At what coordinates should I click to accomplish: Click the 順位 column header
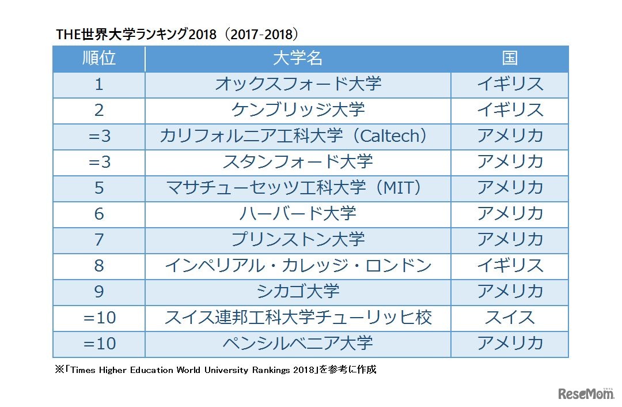click(99, 58)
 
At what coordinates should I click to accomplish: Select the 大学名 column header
click(298, 58)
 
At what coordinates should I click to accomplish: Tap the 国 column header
click(510, 58)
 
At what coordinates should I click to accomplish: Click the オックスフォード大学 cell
click(298, 84)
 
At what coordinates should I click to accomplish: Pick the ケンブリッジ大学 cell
click(298, 110)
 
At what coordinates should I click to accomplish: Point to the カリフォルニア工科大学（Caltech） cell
click(298, 136)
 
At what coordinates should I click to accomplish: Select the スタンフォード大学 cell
click(298, 162)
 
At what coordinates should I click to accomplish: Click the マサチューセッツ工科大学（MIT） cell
click(298, 188)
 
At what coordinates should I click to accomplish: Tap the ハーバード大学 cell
click(298, 214)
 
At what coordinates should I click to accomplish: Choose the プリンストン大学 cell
click(298, 240)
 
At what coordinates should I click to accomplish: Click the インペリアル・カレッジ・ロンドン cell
click(298, 266)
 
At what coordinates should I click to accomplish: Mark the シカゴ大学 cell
click(298, 292)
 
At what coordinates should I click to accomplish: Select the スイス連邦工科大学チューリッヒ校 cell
click(298, 318)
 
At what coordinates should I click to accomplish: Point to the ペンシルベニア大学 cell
click(298, 344)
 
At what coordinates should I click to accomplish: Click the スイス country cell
click(510, 318)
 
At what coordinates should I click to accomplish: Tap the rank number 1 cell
click(99, 84)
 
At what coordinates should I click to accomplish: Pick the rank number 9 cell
click(99, 292)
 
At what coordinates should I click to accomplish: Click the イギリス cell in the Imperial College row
click(510, 266)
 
